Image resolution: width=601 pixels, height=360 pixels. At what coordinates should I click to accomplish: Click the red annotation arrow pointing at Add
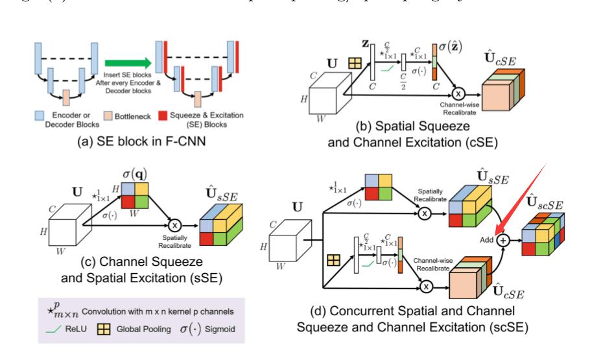(x=523, y=197)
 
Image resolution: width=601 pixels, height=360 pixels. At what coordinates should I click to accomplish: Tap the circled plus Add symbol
(x=503, y=240)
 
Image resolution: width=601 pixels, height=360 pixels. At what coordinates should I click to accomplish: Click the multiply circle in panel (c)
(x=174, y=225)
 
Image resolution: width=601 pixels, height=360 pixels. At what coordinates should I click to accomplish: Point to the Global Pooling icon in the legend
(x=103, y=329)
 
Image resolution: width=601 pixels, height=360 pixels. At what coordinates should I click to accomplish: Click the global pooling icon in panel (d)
(x=335, y=259)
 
